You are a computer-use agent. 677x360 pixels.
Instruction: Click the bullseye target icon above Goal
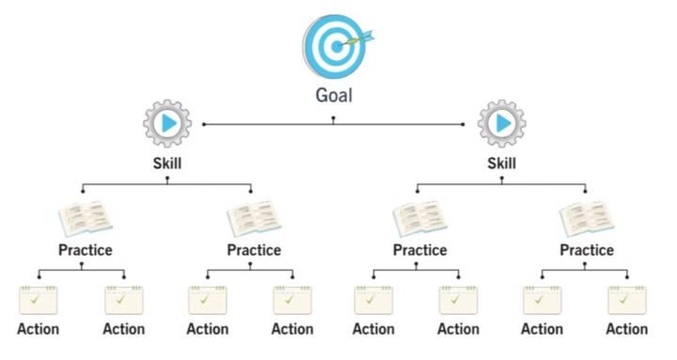(x=333, y=44)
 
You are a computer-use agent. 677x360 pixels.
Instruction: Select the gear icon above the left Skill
(x=167, y=123)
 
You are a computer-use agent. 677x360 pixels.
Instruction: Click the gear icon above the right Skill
(x=501, y=123)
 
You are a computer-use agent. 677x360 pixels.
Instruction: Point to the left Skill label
(x=167, y=164)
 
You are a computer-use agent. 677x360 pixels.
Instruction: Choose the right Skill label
(x=501, y=164)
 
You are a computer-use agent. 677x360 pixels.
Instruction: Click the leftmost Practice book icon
(x=85, y=219)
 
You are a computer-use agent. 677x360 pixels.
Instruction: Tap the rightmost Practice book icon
(x=586, y=219)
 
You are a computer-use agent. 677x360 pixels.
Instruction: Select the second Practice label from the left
(x=254, y=250)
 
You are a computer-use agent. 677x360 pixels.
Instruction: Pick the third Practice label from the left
(x=419, y=250)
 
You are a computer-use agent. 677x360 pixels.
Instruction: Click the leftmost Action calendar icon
(x=38, y=299)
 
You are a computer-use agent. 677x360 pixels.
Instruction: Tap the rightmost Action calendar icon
(x=626, y=299)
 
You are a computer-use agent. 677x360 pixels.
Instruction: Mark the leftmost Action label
(x=38, y=329)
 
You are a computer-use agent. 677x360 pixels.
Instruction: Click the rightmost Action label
(x=626, y=329)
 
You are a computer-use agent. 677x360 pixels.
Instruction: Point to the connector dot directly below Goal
(x=333, y=118)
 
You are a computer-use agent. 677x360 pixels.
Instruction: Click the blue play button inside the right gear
(x=503, y=123)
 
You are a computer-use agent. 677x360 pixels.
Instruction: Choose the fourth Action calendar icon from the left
(x=291, y=299)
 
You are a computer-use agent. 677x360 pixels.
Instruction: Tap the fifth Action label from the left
(x=374, y=329)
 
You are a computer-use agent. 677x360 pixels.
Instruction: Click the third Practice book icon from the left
(x=419, y=219)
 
